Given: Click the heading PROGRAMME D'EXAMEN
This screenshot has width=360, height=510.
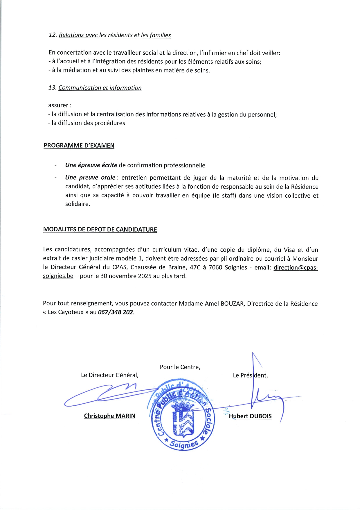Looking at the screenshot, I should (79, 145).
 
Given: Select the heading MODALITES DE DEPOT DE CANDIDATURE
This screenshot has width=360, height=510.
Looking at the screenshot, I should (100, 229).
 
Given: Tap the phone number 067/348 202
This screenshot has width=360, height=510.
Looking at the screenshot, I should (116, 312).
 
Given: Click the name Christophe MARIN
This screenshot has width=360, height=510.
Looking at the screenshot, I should (109, 416).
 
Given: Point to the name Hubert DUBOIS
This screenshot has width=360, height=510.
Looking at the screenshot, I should (250, 416).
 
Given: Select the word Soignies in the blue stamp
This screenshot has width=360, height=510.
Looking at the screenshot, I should (184, 444).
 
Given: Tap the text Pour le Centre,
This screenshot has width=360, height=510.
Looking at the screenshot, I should (180, 367).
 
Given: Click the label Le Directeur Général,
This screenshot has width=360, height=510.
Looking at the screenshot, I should (110, 375).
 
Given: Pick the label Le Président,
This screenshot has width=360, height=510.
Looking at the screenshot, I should (250, 375).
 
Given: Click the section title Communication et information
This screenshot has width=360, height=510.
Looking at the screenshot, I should (100, 88).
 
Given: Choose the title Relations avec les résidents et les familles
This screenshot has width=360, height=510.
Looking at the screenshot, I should (115, 35).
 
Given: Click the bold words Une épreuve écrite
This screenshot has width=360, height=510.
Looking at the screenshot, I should (91, 165).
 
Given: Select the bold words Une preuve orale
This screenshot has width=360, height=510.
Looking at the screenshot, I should (90, 178).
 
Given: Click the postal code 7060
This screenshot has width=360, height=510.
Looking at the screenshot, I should (215, 267).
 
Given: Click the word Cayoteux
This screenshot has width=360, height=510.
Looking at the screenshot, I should (65, 312).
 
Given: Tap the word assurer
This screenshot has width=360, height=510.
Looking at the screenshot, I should (59, 105).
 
